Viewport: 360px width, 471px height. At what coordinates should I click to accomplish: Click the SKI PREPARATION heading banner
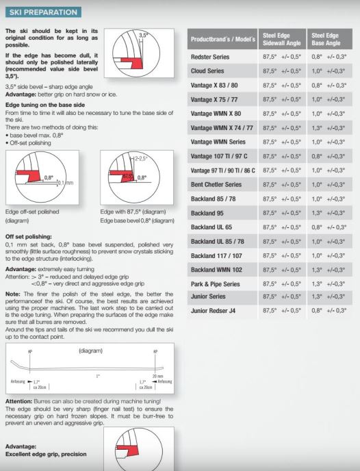point(43,12)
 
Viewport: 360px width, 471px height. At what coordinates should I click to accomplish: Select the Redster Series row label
point(210,57)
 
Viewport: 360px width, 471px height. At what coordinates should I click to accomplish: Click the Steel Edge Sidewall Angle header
point(281,39)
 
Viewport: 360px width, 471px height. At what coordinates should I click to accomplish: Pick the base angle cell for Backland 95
point(329,213)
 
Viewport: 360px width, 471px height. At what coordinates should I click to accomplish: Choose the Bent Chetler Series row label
point(216,184)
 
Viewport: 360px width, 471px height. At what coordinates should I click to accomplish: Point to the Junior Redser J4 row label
point(213,311)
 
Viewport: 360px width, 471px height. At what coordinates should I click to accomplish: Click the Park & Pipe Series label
point(216,284)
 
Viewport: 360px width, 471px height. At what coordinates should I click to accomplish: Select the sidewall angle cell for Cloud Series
point(281,71)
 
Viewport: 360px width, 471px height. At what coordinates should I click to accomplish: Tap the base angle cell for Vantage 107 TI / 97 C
point(329,156)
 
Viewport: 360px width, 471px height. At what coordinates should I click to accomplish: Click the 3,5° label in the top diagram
point(143,35)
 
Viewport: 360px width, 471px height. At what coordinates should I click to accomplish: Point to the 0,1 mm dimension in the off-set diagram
point(65,183)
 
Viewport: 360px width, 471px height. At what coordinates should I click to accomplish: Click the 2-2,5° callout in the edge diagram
point(140,158)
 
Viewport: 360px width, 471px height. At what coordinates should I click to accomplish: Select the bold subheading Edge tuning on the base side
point(45,105)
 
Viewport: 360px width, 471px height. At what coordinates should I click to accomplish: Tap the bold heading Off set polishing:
point(29,237)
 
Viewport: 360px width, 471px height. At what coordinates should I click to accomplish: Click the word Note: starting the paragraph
point(13,294)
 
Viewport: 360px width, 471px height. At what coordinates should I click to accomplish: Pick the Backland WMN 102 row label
point(216,270)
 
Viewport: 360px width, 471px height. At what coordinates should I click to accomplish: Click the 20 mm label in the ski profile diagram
point(157,376)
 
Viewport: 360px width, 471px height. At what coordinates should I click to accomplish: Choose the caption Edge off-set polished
point(32,212)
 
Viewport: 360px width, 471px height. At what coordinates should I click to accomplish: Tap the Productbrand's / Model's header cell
point(223,39)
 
